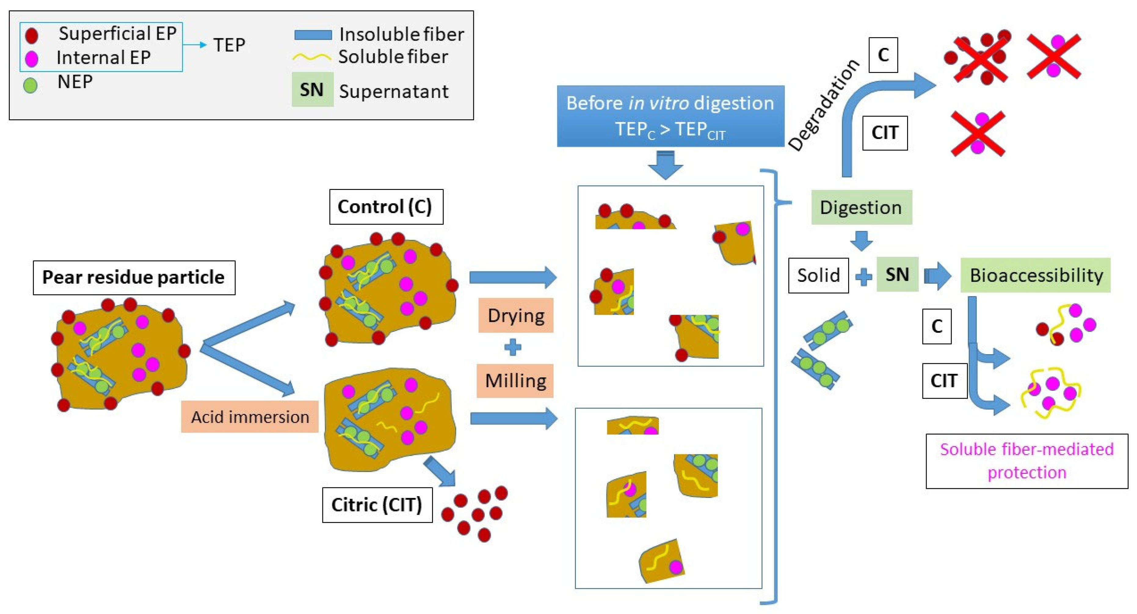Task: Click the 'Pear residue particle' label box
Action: point(134,278)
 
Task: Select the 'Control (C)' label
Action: point(386,207)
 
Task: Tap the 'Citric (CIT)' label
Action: point(377,504)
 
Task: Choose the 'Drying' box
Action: point(516,315)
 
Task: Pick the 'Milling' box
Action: point(515,380)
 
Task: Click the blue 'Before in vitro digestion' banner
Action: point(670,116)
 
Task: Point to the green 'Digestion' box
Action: point(861,207)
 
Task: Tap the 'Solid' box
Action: point(818,275)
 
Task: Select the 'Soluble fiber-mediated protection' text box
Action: point(1027,461)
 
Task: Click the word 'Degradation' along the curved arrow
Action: point(824,105)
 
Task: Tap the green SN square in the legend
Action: point(312,89)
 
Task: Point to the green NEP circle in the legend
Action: point(30,85)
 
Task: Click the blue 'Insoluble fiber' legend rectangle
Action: point(313,35)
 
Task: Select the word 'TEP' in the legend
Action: point(229,45)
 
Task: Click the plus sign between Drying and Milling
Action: point(512,347)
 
